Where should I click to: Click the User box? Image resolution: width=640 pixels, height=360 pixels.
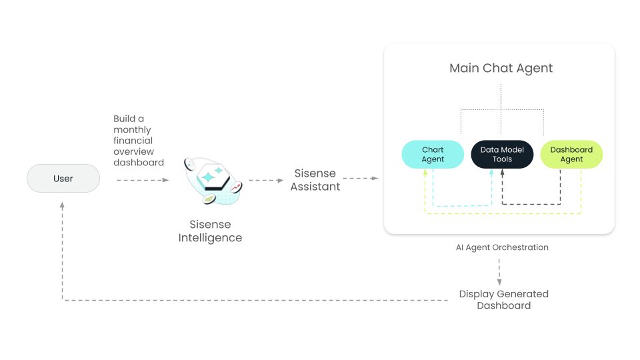tap(63, 179)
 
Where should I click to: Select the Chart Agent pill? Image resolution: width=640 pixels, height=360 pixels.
tap(433, 154)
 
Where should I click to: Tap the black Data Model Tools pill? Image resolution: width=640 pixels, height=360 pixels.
tap(502, 154)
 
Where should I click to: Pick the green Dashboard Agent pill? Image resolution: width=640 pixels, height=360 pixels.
tap(571, 154)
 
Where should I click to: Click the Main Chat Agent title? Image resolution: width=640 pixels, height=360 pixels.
tap(501, 68)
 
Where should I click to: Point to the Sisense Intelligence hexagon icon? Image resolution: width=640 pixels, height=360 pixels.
tap(213, 181)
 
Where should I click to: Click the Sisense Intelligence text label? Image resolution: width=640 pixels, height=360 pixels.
tap(210, 231)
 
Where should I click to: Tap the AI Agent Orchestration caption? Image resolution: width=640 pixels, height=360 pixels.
tap(501, 247)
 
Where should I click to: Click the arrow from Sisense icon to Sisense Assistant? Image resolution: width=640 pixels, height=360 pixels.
tap(265, 180)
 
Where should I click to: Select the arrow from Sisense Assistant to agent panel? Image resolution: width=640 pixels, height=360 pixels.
tap(361, 179)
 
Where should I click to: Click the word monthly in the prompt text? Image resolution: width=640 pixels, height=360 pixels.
tap(132, 129)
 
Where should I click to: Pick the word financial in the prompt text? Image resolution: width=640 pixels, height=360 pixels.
tap(133, 141)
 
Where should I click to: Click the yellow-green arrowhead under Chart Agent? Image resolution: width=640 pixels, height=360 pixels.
tap(425, 173)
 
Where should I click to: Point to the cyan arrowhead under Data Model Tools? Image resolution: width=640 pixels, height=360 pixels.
tap(493, 173)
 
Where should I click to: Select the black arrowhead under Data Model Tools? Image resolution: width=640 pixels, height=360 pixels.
tap(502, 173)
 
